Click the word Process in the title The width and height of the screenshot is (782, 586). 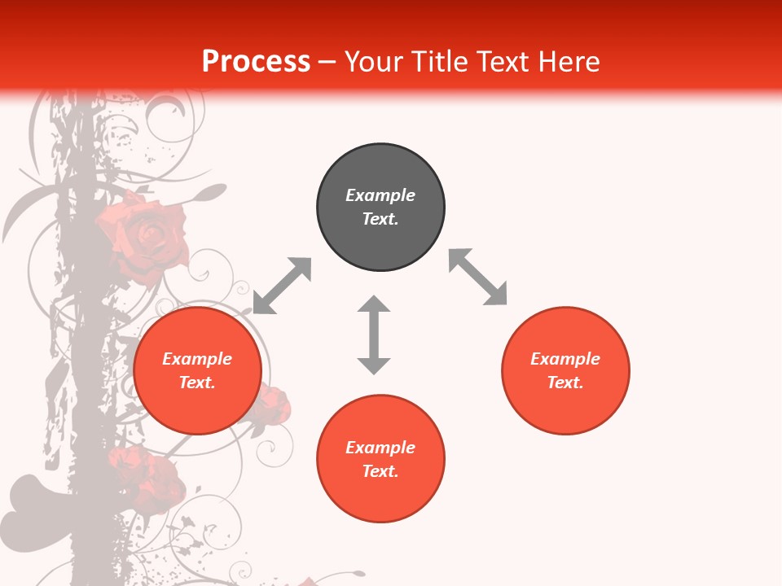(256, 62)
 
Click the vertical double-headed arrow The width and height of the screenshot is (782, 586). (374, 335)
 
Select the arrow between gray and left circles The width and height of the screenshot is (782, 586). (282, 286)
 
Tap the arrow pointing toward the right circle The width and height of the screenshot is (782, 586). (478, 277)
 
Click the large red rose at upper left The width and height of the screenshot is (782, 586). (145, 236)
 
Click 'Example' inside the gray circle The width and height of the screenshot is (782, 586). (380, 195)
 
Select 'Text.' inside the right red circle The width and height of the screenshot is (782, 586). (565, 383)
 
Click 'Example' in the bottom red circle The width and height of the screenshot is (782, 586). (380, 448)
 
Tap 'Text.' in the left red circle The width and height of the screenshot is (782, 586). (197, 383)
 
